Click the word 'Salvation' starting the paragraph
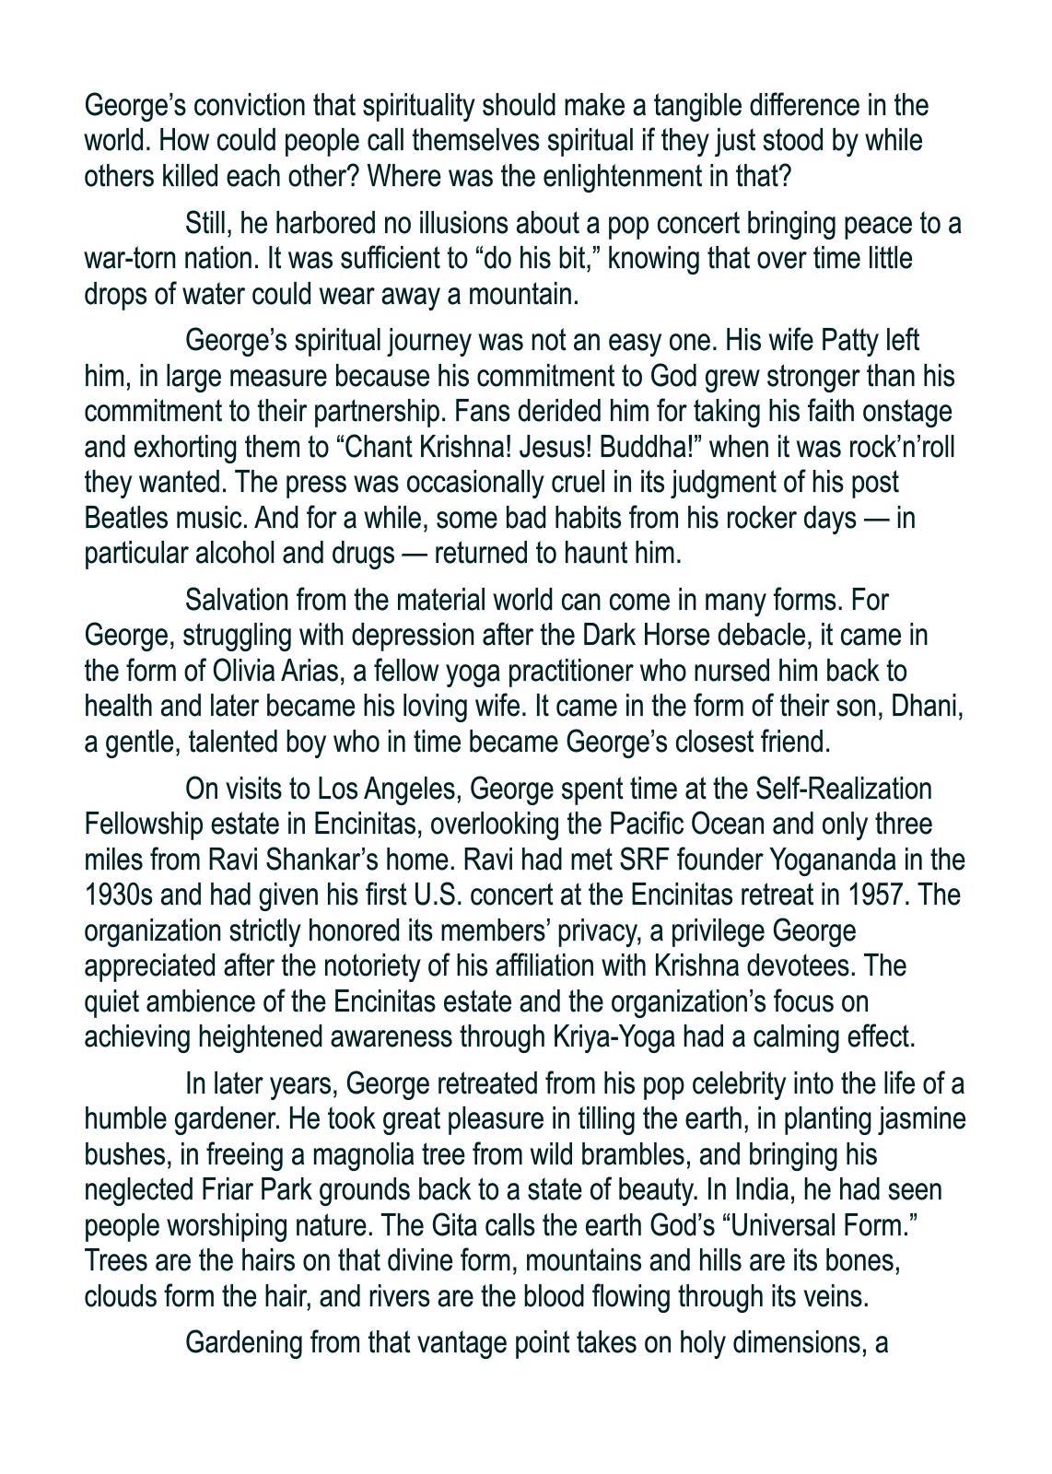tap(237, 601)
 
